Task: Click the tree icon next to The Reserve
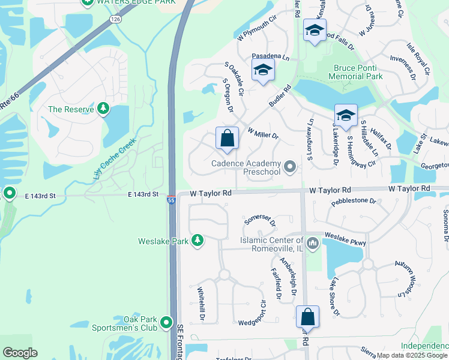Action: tap(104, 109)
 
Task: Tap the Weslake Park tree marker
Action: tap(197, 241)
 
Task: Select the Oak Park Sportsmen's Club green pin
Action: tap(167, 323)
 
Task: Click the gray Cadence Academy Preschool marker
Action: tap(291, 167)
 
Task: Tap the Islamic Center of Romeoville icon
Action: tap(312, 244)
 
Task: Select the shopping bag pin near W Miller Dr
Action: tap(228, 139)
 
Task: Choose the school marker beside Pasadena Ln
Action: tap(263, 70)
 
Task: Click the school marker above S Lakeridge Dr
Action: tap(346, 115)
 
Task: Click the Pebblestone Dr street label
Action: tap(353, 202)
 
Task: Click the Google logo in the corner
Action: tap(20, 353)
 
